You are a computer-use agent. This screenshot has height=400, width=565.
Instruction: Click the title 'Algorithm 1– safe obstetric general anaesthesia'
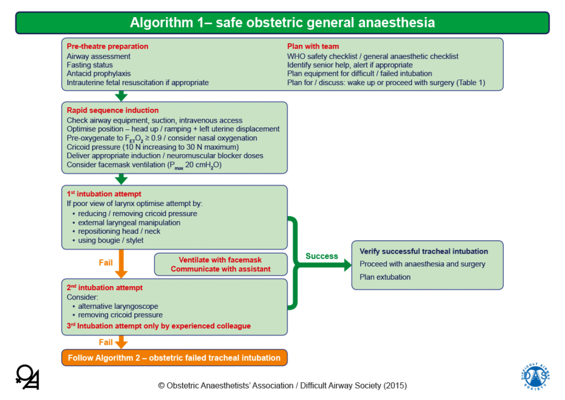point(282,23)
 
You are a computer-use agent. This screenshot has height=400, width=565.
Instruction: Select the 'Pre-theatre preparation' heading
point(108,46)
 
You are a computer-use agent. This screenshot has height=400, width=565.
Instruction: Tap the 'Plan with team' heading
point(313,46)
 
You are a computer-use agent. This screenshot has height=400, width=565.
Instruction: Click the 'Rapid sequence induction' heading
point(113,110)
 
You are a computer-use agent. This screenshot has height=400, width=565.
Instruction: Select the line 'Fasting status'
point(89,65)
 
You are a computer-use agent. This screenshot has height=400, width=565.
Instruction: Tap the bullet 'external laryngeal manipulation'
point(129,222)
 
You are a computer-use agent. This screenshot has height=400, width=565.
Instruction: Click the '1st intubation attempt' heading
point(104,194)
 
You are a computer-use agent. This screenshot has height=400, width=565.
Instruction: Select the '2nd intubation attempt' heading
point(105,287)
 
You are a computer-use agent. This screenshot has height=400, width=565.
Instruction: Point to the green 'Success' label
point(322,256)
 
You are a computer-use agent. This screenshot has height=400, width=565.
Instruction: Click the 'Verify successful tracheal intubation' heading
point(424,251)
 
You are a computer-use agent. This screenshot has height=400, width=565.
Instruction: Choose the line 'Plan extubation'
point(385,277)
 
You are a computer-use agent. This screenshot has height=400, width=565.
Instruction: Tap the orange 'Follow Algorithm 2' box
point(174,357)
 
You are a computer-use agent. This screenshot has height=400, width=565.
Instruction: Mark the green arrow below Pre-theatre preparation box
point(122,96)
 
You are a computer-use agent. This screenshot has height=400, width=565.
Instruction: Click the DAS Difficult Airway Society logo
point(535,377)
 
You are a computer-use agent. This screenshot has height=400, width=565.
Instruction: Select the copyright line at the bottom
point(282,385)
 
